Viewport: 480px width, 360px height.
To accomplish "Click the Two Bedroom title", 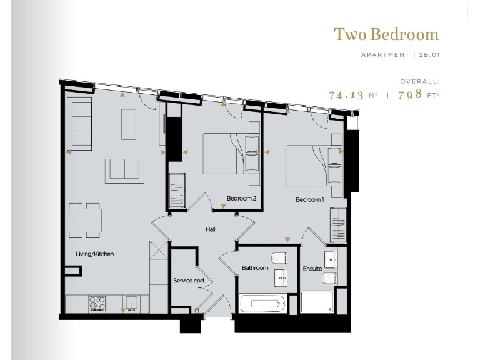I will pos(386,34).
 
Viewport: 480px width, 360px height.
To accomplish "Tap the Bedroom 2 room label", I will pos(241,199).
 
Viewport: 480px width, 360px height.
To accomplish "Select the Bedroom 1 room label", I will pos(309,199).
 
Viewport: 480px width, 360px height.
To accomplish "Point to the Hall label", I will pos(211,229).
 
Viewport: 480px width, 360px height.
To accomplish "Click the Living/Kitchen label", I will pos(94,254).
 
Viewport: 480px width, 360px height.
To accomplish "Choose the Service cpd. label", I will pos(189,281).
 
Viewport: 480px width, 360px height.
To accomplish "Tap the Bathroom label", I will pos(255,268).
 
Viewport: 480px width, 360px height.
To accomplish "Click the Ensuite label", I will pos(312,269).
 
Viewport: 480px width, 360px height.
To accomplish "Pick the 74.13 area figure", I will pos(346,96).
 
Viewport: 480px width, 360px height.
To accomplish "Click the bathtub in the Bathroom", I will pos(262,304).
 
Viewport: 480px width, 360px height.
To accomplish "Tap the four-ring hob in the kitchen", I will pos(97,303).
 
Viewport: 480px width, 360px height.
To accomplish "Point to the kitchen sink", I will pos(132,303).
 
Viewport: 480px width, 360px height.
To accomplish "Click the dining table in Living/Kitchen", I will pos(84,220).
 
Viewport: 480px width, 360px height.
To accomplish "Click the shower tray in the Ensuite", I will pos(317,302).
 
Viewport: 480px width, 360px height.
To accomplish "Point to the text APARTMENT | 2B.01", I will pos(400,55).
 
